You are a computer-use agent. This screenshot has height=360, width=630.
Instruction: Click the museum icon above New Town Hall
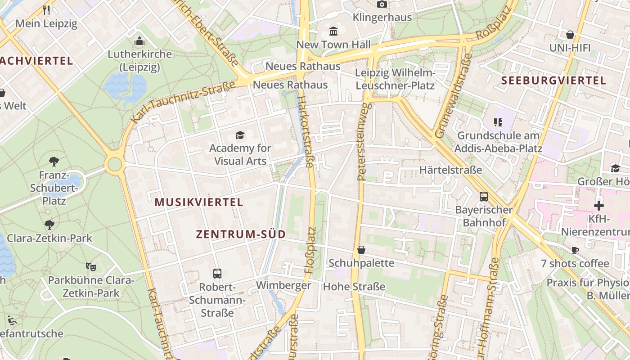(333, 31)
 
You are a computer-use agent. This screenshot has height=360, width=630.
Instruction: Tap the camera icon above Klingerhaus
(382, 4)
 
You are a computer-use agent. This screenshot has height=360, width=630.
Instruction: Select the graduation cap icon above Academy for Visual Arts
(240, 135)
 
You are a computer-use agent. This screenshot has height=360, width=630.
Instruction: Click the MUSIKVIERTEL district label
(199, 202)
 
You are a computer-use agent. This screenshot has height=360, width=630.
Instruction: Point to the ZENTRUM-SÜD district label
(241, 234)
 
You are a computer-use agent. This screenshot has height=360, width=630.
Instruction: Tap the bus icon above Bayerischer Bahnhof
(484, 197)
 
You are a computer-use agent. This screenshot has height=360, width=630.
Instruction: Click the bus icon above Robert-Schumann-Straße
(217, 273)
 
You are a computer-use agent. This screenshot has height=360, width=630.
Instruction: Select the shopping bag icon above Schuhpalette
(361, 250)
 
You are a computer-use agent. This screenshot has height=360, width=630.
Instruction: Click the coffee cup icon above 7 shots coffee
(575, 250)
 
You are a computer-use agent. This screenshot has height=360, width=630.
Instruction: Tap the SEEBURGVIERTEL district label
(553, 81)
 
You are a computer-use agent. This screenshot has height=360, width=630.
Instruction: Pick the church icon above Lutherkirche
(139, 41)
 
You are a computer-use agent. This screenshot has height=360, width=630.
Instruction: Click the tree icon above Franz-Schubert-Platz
(54, 161)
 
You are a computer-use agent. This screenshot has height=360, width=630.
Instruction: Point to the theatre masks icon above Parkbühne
(91, 267)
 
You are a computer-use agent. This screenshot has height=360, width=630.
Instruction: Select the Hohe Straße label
(354, 286)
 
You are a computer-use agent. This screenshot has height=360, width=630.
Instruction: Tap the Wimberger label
(283, 285)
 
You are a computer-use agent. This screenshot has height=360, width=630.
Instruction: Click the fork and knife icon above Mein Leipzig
(46, 10)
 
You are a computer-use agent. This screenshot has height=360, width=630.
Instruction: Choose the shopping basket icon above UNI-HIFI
(570, 35)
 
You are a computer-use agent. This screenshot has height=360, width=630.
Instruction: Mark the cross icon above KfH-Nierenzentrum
(598, 206)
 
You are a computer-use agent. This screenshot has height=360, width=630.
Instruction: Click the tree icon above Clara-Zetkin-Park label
(49, 225)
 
